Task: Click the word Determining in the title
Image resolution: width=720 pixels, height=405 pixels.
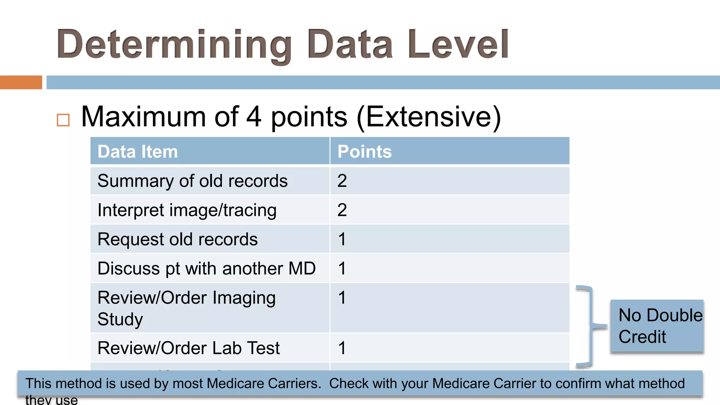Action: [x=174, y=45]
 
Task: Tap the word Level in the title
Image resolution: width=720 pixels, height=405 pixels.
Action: [x=458, y=44]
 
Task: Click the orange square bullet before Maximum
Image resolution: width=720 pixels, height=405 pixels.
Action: [x=63, y=120]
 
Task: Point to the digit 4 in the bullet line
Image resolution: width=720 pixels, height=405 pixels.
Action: [x=254, y=117]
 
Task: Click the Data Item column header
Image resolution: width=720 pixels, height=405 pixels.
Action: [x=138, y=152]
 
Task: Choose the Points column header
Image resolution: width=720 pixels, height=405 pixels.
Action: [x=365, y=152]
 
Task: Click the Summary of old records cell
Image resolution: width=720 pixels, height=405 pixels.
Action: [x=193, y=181]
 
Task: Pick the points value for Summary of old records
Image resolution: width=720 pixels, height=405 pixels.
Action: [x=342, y=181]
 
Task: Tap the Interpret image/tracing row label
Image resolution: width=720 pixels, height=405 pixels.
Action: [x=187, y=210]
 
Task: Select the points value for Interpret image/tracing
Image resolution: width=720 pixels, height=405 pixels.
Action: [x=342, y=210]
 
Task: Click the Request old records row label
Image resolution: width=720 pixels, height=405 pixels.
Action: [x=178, y=239]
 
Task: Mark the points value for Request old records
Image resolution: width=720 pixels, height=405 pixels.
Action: [x=342, y=239]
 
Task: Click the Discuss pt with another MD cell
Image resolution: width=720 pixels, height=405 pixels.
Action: [x=207, y=269]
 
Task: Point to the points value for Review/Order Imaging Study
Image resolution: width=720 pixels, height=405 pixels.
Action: [x=342, y=298]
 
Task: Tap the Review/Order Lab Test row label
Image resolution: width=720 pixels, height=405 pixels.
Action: [x=189, y=348]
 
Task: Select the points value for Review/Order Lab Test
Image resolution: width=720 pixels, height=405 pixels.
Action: [x=342, y=348]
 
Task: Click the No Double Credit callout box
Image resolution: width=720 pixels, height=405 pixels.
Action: [x=657, y=326]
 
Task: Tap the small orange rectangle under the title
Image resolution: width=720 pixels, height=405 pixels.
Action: [x=21, y=82]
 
